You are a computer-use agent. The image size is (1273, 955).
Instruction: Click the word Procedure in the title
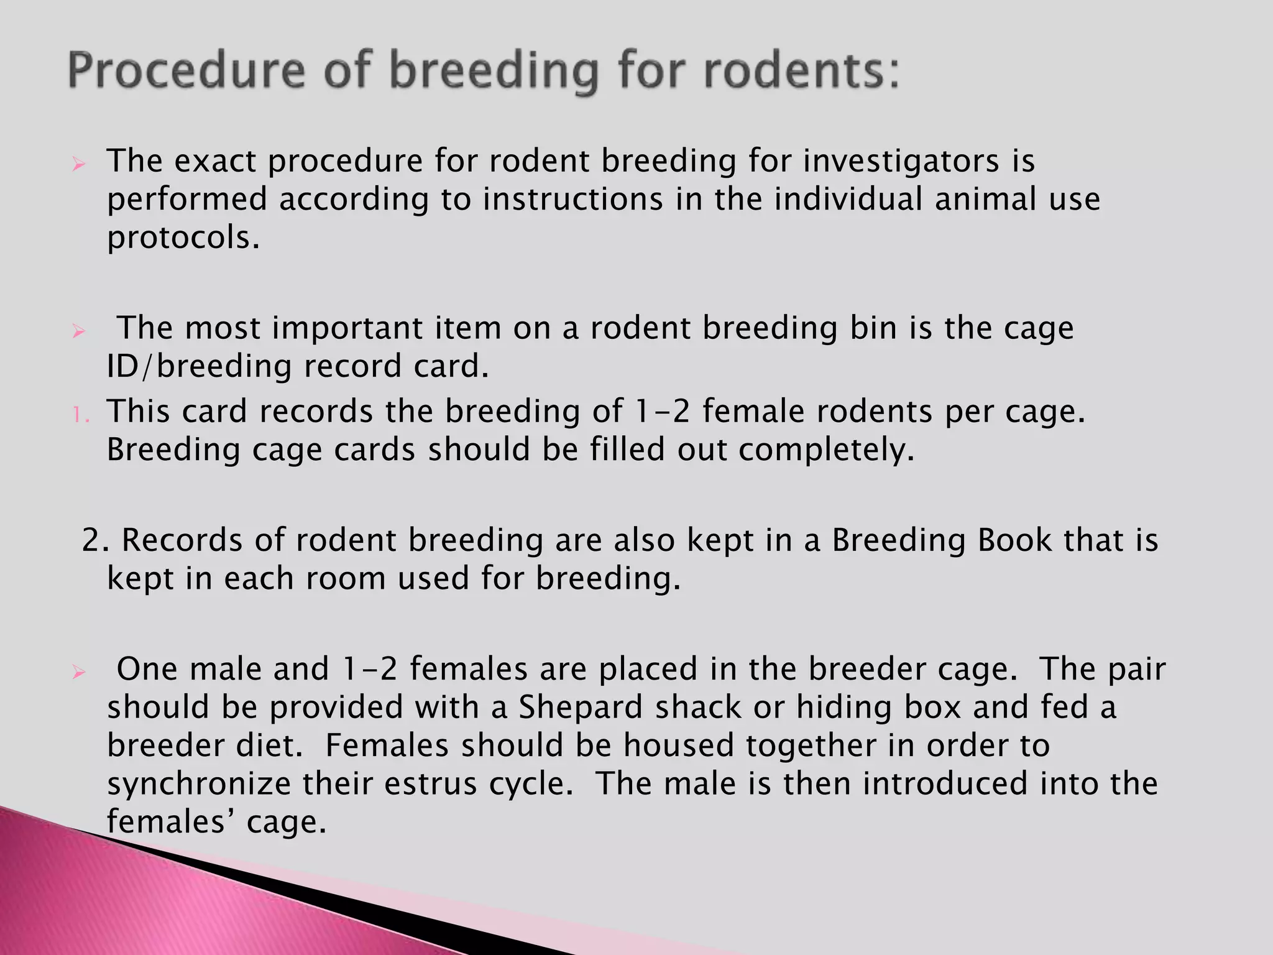coord(186,71)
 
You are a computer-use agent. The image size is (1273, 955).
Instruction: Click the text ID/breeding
coord(199,366)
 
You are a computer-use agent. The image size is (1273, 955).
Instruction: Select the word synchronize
coord(198,783)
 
